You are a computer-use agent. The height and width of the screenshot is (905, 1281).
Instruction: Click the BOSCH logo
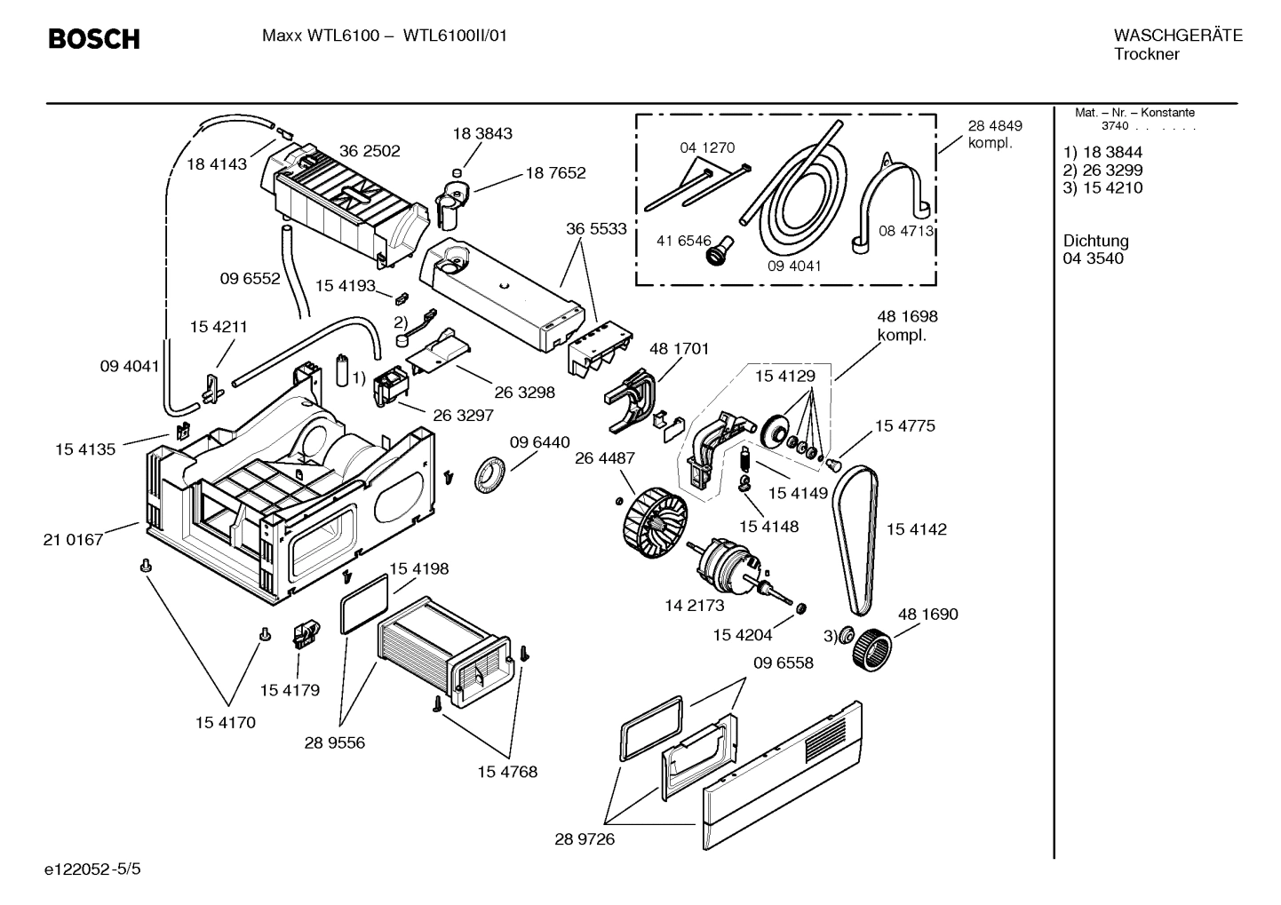[93, 39]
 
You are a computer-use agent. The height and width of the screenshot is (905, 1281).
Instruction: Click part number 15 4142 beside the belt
[916, 529]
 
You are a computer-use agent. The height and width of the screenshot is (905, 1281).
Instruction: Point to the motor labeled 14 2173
[733, 568]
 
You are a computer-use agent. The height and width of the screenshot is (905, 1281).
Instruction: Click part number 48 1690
[927, 614]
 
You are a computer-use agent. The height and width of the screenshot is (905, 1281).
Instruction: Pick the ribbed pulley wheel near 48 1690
[871, 648]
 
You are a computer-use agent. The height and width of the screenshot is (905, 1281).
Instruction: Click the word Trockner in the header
[1146, 54]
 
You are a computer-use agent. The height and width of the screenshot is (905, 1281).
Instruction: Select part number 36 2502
[370, 151]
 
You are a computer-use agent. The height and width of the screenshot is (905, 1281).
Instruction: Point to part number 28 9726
[585, 839]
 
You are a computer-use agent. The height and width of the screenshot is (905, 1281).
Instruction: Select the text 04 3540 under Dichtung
[1093, 258]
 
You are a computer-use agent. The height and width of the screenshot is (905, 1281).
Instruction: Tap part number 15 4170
[225, 722]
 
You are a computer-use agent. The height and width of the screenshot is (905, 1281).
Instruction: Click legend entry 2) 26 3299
[1102, 170]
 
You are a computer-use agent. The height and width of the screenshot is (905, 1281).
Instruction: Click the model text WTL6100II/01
[456, 36]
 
